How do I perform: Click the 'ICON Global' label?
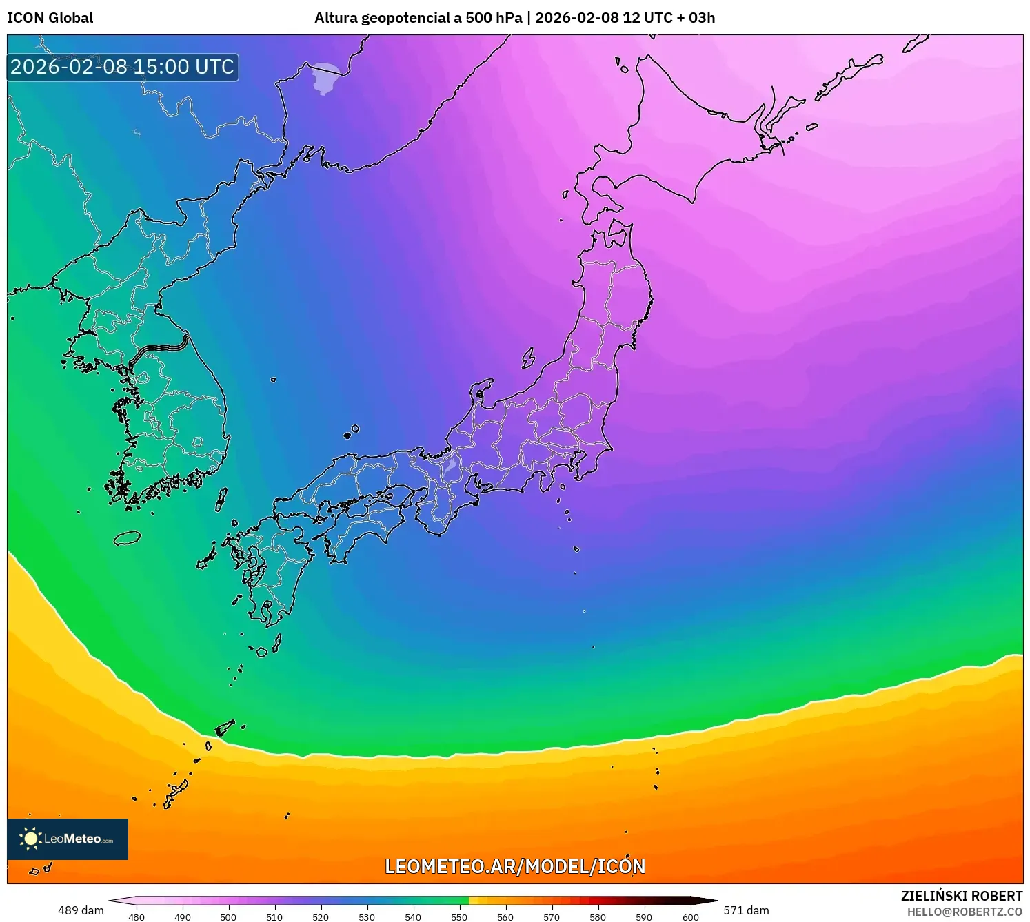point(50,18)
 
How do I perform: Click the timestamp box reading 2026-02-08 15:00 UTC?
point(123,68)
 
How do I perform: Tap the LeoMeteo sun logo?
point(30,839)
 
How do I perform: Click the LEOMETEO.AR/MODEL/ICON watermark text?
point(515,867)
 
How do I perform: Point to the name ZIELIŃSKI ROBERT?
point(962,896)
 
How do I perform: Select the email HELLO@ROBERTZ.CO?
point(965,912)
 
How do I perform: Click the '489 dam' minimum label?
point(81,910)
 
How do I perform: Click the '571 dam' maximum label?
point(746,910)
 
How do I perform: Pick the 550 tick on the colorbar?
point(459,916)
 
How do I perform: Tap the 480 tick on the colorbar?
point(137,916)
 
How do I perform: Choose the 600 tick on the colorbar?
point(690,916)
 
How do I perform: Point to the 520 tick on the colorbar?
point(321,916)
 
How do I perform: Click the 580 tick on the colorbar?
point(598,916)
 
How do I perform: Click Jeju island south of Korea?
point(128,538)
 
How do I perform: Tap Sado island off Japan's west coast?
point(529,358)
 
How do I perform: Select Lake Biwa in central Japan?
point(451,467)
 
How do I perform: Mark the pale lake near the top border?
point(325,78)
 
